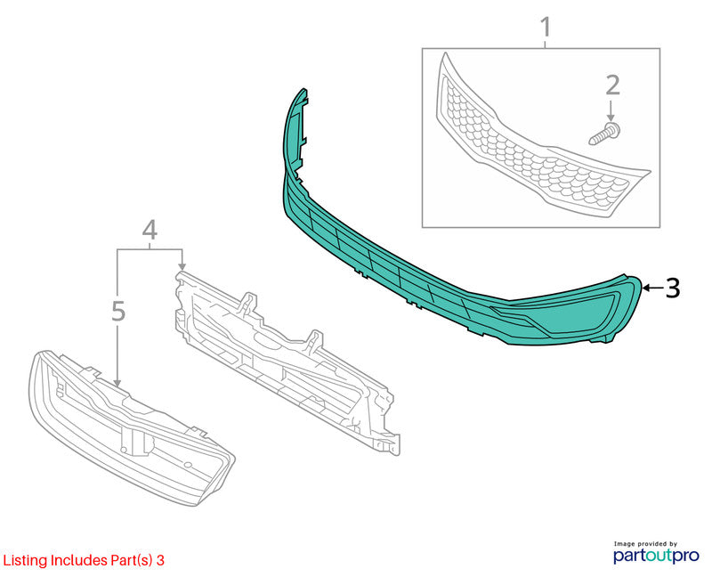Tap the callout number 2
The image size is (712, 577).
point(612,85)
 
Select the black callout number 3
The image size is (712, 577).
point(673,288)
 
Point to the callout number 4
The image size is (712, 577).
point(150,230)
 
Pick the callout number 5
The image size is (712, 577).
point(118,312)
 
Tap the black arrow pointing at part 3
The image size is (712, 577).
point(652,288)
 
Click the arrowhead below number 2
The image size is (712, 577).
point(611,118)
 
